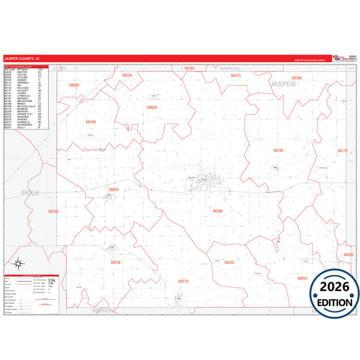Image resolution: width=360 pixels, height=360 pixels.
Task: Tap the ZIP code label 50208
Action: tap(217, 211)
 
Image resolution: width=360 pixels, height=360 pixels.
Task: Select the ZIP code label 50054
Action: tap(113, 190)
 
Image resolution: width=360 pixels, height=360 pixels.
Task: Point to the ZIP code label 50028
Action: tap(152, 107)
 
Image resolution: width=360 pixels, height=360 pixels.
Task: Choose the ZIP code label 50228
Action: tap(115, 262)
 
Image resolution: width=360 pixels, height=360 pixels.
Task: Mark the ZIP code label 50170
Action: tap(183, 280)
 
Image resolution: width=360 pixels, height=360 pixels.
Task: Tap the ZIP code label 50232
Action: tap(229, 262)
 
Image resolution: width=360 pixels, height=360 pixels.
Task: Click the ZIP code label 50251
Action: tap(302, 278)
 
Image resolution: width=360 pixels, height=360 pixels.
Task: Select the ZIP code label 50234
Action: tap(126, 75)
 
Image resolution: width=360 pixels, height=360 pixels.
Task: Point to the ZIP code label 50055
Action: tap(74, 85)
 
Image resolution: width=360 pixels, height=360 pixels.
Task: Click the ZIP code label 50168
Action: tap(91, 122)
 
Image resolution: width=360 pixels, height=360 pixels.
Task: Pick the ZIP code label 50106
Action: tap(297, 78)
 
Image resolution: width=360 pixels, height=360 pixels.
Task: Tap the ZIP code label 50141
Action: tap(236, 76)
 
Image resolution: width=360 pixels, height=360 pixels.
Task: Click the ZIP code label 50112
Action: tap(342, 151)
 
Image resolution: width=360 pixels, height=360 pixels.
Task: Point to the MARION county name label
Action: tap(104, 310)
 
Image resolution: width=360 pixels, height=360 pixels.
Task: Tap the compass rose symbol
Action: tap(20, 264)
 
